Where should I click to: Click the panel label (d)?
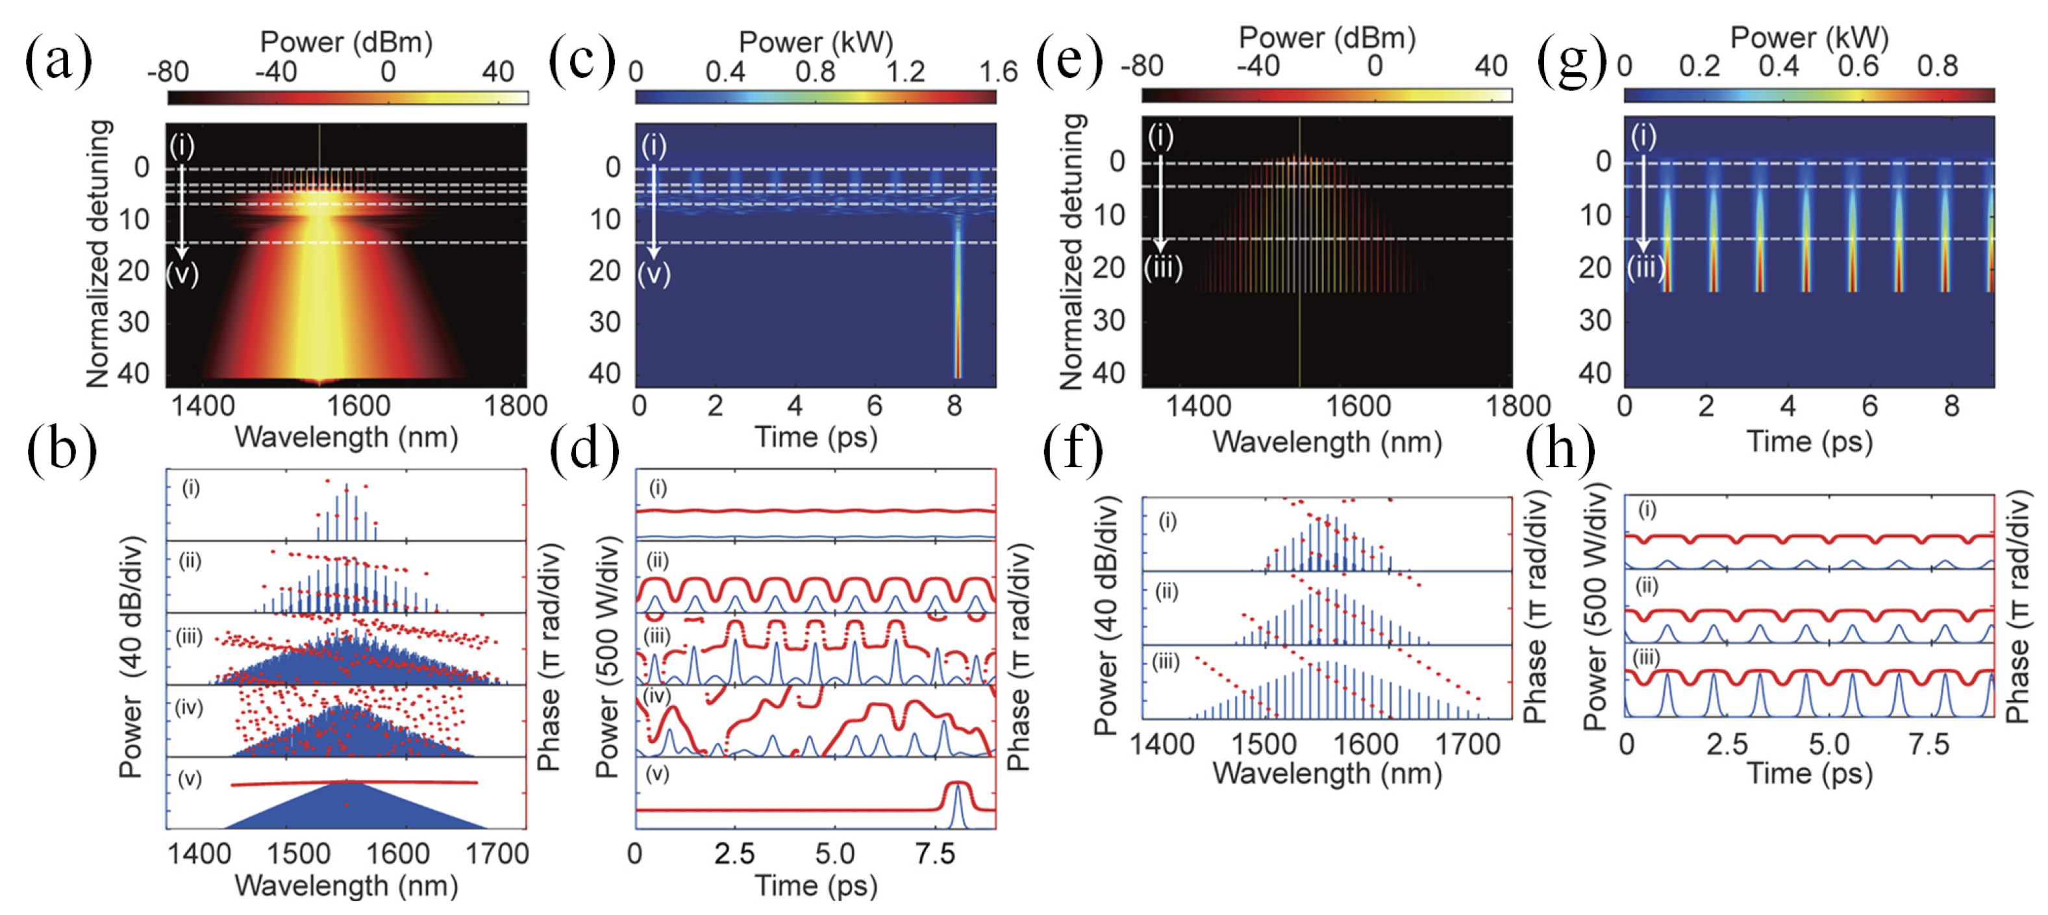coord(584,451)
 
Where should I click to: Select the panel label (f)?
coord(1073,451)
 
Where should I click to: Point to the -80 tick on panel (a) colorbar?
coord(168,71)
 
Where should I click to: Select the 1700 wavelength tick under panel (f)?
coord(1467,744)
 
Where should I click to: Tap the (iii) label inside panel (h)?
coord(1645,658)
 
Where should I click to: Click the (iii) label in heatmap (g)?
coord(1644,268)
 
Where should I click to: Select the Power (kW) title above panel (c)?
coord(816,42)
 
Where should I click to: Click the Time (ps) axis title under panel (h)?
coord(1808,773)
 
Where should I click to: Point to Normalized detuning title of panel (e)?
coord(1071,251)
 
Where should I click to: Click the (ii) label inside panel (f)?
coord(1166,592)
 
